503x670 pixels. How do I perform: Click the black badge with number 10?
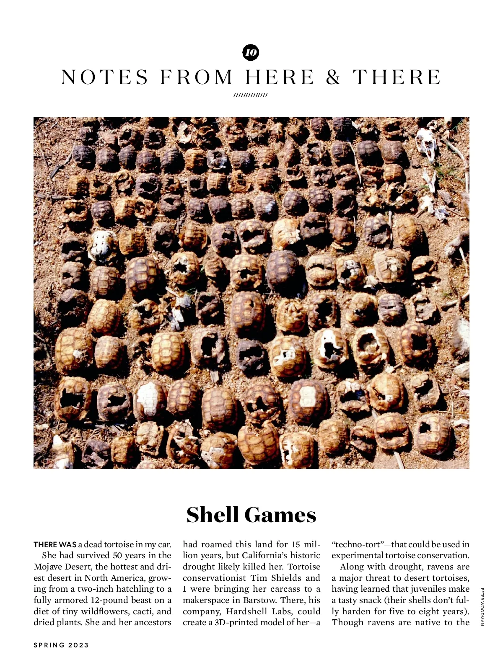coord(251,52)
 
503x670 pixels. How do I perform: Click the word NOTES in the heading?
coord(105,77)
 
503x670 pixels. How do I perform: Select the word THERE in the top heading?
coord(397,77)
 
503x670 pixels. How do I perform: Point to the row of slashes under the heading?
coord(251,95)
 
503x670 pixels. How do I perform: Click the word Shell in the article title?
coord(213,515)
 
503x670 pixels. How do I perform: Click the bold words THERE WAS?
coord(55,545)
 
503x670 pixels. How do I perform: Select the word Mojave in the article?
coord(49,567)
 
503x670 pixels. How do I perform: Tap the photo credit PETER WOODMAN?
coord(482,606)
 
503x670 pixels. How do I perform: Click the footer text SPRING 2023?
coord(61,645)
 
